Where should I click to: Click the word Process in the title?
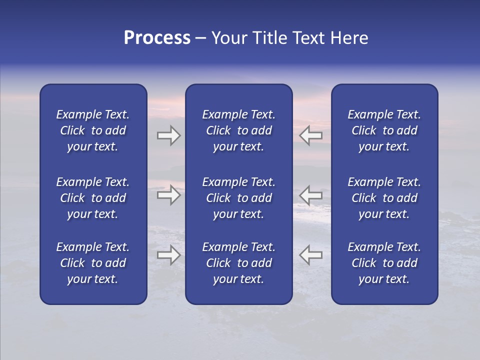pos(157,38)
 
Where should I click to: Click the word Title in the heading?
pos(270,38)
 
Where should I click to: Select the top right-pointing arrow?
pos(168,135)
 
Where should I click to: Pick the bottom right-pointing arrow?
pos(168,255)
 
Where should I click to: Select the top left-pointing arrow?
pos(311,135)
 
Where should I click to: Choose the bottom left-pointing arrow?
pos(311,255)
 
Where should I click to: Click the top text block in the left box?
pos(93,130)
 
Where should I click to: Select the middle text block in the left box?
pos(93,198)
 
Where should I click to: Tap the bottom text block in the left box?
pos(93,263)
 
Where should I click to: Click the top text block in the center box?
pos(238,130)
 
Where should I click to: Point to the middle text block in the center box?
pos(238,198)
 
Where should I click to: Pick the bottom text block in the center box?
pos(238,263)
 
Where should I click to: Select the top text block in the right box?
pos(384,130)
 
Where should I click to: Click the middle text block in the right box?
pos(384,198)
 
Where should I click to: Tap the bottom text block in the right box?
pos(384,263)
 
